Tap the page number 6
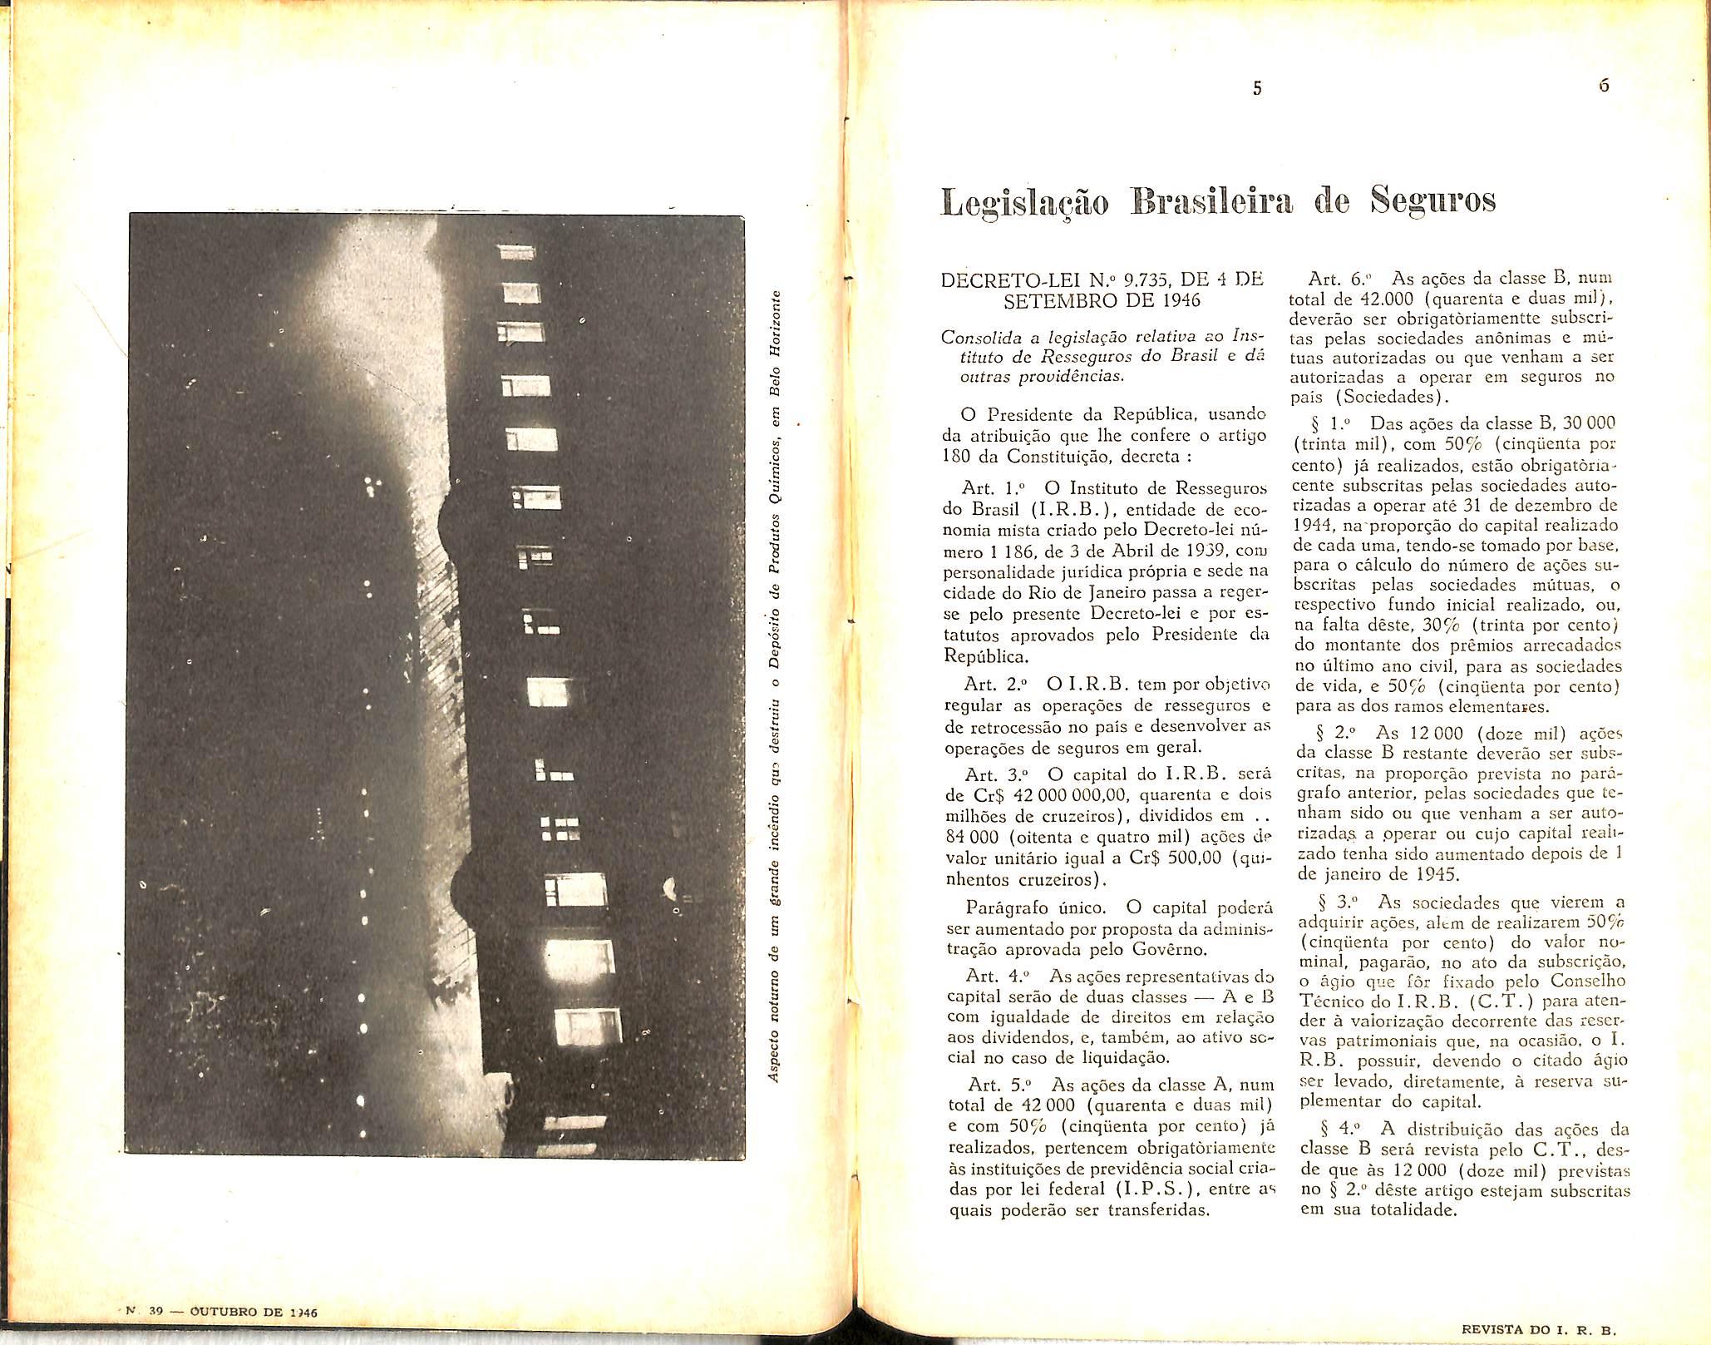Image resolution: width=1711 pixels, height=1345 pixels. click(x=1603, y=86)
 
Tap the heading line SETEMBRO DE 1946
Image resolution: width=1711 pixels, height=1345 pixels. click(x=1102, y=300)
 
